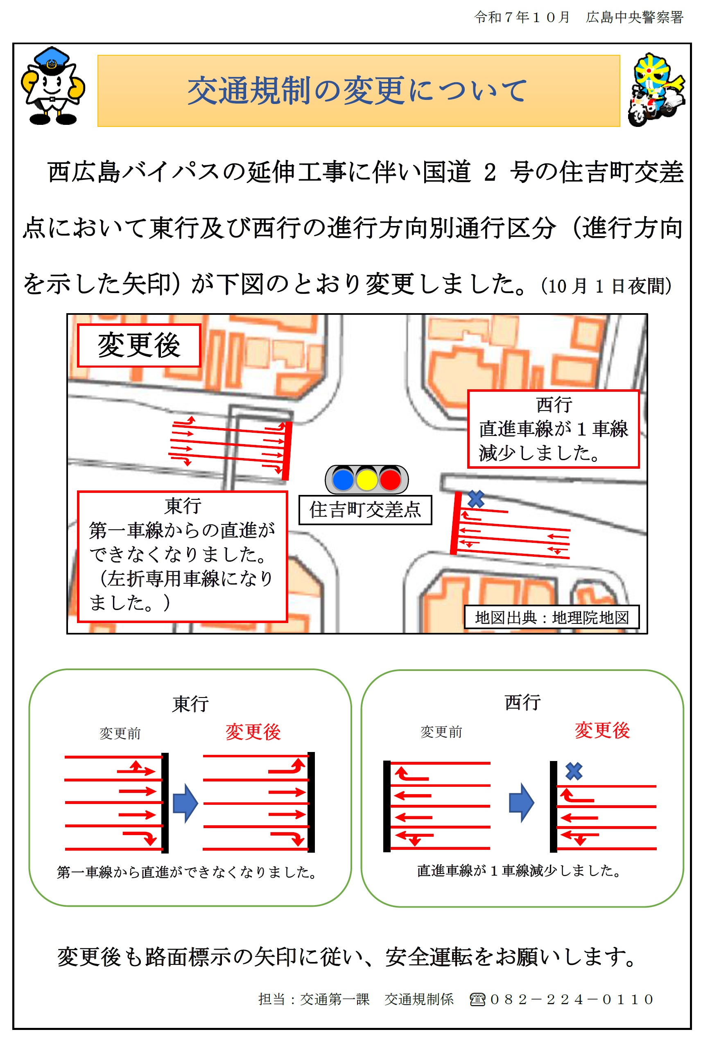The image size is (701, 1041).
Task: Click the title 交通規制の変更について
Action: coord(357,91)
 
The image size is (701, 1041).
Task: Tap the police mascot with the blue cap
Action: coord(53,86)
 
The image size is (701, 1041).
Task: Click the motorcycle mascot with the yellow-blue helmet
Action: coord(656,89)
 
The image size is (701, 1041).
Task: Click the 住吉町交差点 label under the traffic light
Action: coord(365,510)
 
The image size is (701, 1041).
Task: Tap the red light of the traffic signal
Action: coord(390,479)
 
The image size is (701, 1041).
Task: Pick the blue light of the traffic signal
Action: coord(344,479)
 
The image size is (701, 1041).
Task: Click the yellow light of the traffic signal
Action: coord(366,479)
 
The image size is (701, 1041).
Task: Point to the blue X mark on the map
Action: coord(476,499)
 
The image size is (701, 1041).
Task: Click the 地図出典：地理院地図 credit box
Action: coord(552,617)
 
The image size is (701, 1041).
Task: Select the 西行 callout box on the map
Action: coord(553,429)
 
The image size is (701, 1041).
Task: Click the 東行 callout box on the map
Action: coord(182,556)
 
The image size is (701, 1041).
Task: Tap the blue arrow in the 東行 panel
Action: coord(185,803)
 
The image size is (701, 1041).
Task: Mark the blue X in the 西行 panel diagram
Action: coord(574,771)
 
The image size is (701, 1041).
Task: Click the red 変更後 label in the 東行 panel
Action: coord(253,732)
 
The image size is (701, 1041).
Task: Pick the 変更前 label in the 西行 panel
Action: coord(441,732)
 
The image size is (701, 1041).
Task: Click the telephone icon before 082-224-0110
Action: coord(477,999)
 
